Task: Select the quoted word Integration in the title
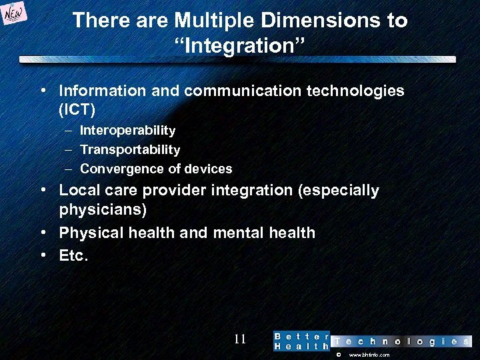(x=240, y=46)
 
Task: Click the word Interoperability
(x=127, y=130)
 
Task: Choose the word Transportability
(x=130, y=149)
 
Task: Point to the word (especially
(x=338, y=191)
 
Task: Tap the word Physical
(x=90, y=233)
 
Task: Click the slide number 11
(x=240, y=339)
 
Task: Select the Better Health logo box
(x=301, y=341)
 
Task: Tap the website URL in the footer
(x=369, y=355)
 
